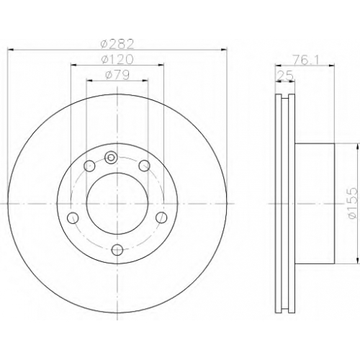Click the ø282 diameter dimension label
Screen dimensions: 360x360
tap(117, 43)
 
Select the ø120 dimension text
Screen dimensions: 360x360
tap(117, 59)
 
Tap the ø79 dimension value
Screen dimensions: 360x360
tap(117, 75)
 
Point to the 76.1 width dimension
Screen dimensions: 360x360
tap(305, 60)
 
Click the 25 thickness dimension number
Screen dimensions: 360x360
tap(285, 76)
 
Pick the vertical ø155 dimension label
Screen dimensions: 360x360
tap(353, 203)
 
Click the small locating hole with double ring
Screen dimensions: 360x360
tap(111, 158)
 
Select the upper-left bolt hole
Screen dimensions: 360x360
tap(89, 166)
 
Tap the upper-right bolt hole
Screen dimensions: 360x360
tap(145, 166)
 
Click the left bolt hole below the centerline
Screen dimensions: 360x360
tap(73, 218)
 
